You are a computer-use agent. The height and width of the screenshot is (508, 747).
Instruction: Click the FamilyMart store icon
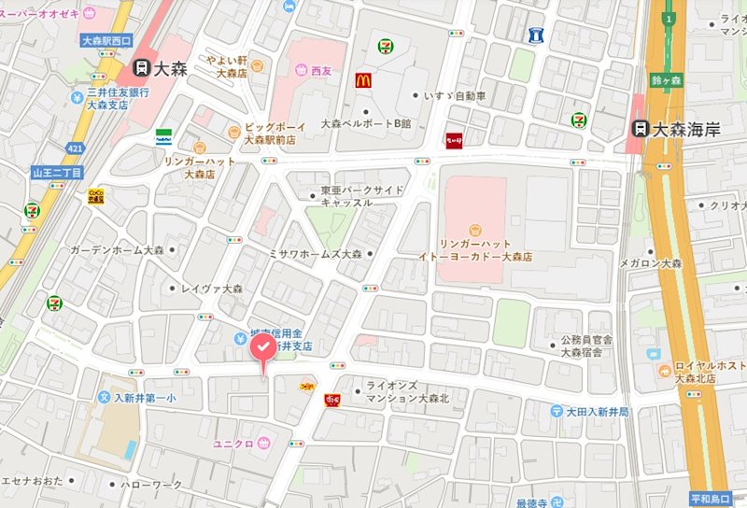(x=163, y=135)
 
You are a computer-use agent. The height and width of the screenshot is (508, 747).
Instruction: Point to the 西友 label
(x=321, y=70)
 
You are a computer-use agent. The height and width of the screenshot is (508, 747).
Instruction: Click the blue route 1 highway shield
(x=669, y=18)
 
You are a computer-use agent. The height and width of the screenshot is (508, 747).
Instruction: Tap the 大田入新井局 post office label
(x=598, y=411)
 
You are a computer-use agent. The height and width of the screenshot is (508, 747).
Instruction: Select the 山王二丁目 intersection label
(x=57, y=173)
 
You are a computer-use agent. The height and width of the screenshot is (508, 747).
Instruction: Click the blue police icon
(x=535, y=35)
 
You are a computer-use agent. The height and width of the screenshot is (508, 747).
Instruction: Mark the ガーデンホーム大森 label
(x=117, y=250)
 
